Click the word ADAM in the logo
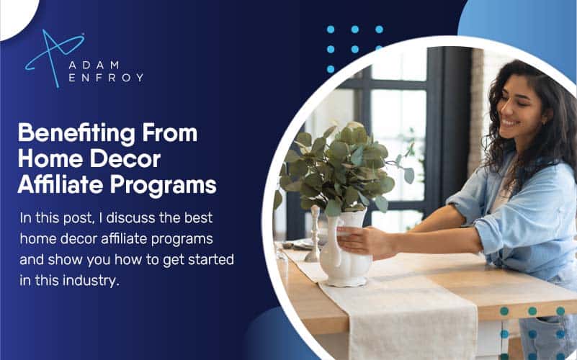(x=94, y=65)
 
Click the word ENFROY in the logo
(x=106, y=78)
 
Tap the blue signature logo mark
(x=54, y=58)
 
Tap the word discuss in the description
(x=130, y=217)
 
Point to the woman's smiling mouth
(x=510, y=123)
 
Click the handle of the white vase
(x=328, y=239)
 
